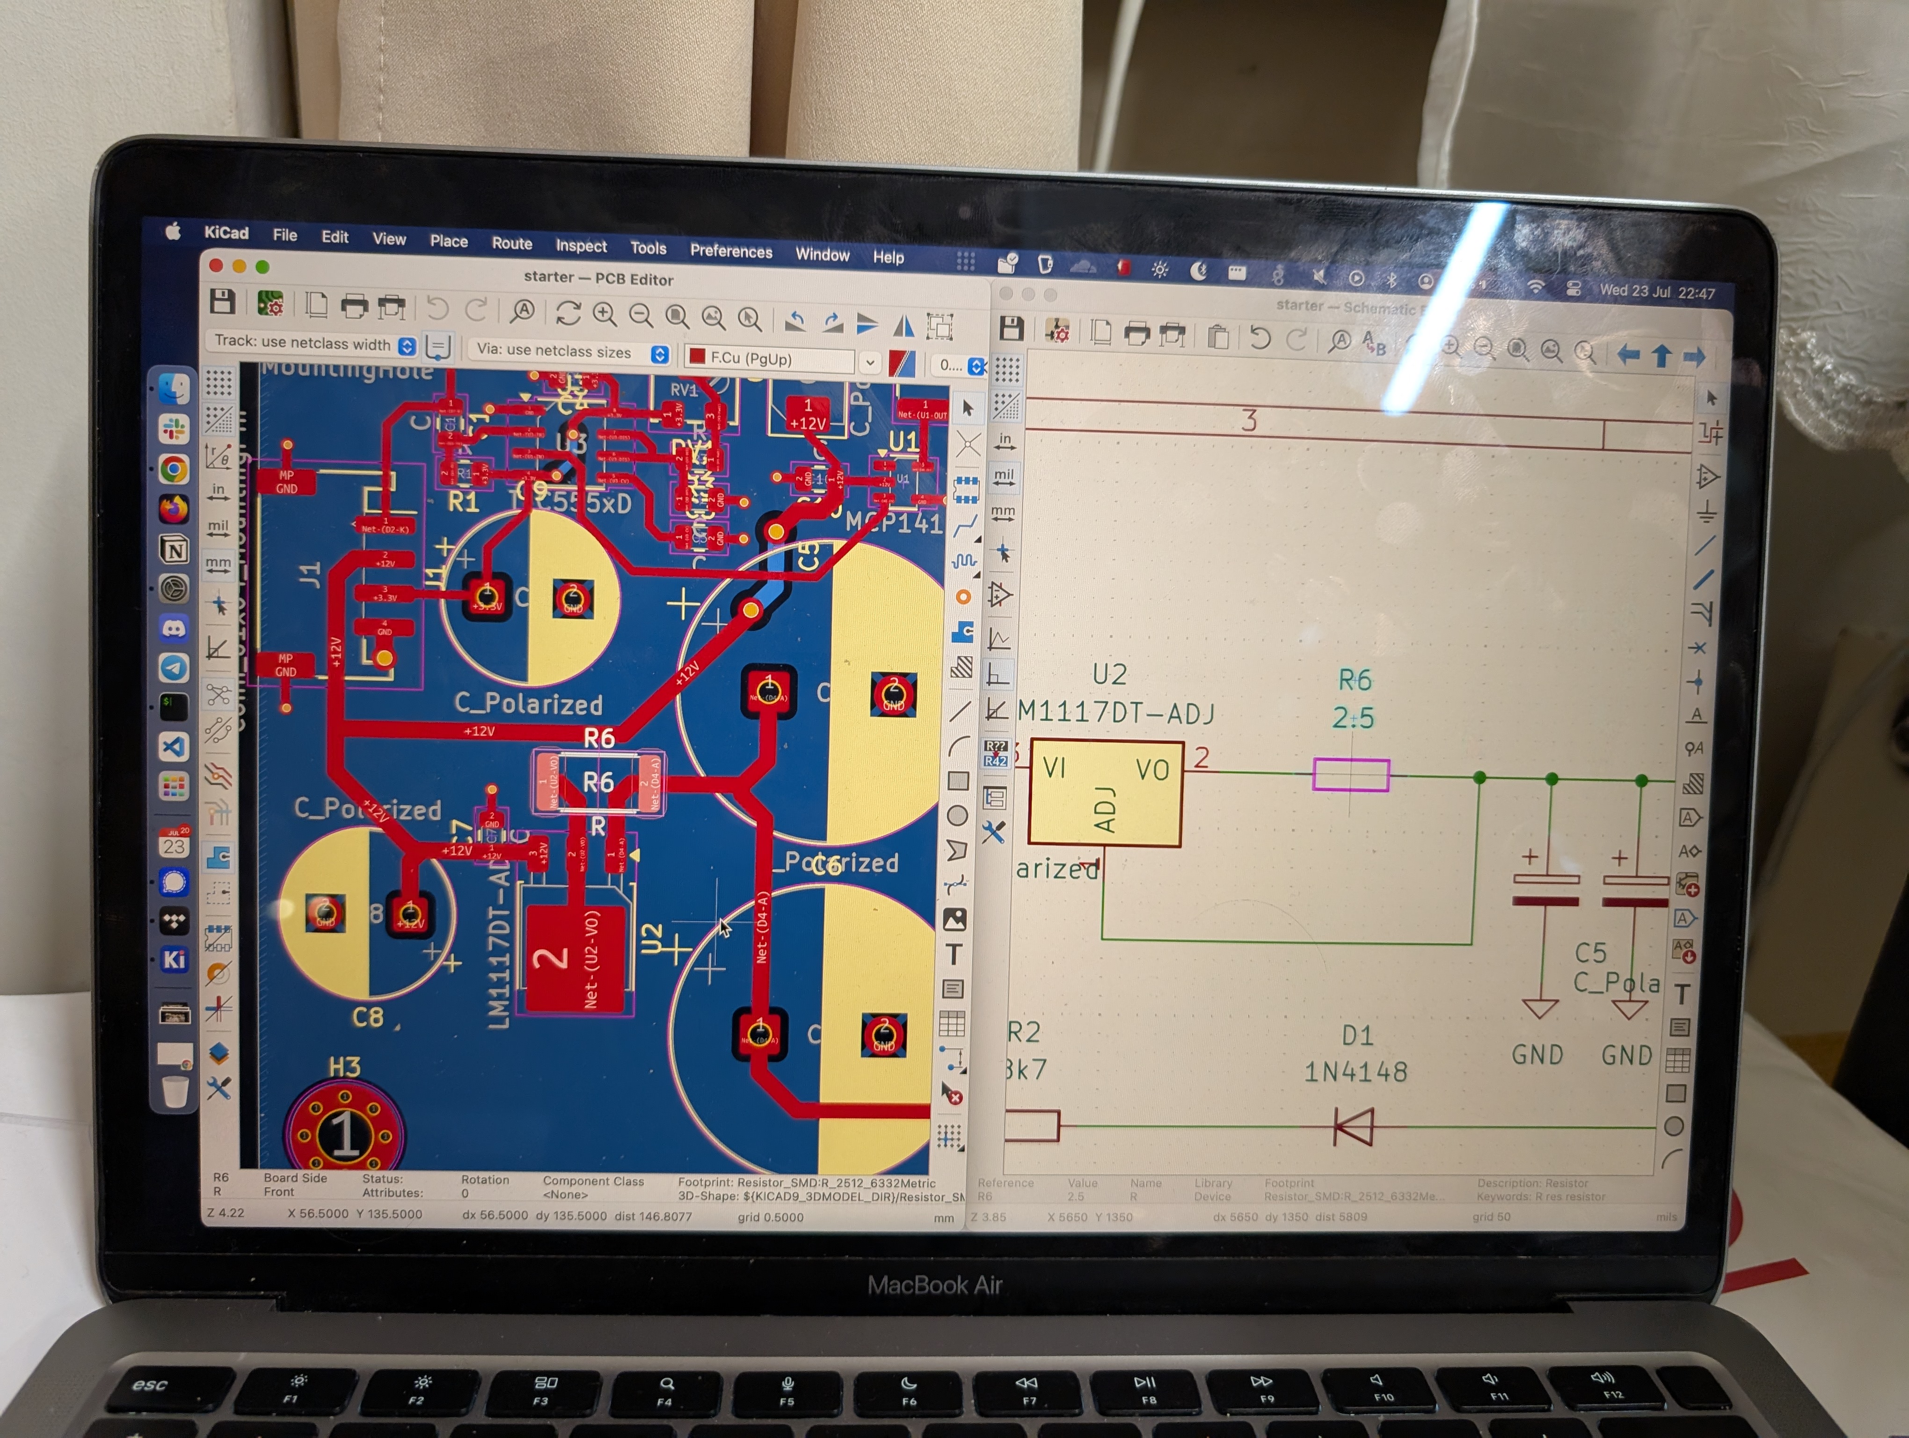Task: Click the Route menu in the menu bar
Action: [x=512, y=243]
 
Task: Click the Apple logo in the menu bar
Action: [x=173, y=230]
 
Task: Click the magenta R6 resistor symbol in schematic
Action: [x=1351, y=774]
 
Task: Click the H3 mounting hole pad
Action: [x=344, y=1134]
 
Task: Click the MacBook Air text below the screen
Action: [x=935, y=1285]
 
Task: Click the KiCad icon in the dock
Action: [x=175, y=959]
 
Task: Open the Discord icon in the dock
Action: [x=175, y=628]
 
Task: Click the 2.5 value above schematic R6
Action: [x=1352, y=717]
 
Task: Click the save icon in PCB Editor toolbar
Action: [x=222, y=301]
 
